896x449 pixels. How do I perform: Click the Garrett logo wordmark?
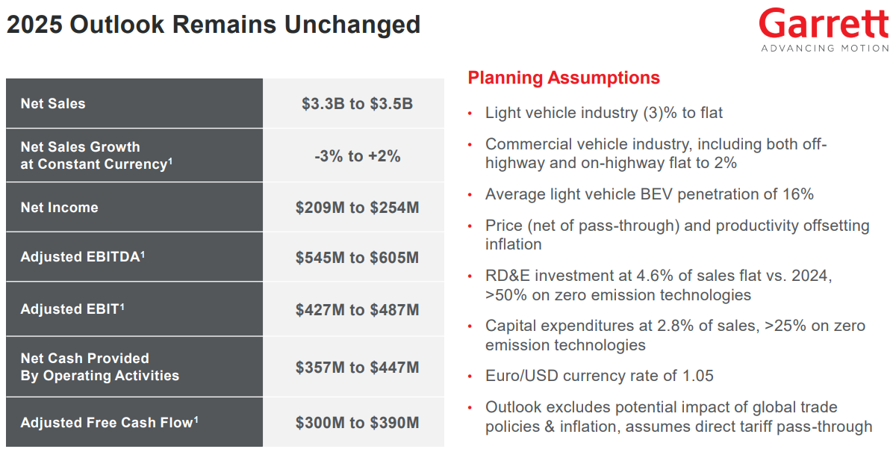point(824,23)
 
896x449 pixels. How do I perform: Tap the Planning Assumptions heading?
point(564,78)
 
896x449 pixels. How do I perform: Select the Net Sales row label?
point(53,104)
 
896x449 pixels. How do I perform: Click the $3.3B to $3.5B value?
point(357,104)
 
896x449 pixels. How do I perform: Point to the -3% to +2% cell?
point(357,155)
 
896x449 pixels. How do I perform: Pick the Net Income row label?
point(59,207)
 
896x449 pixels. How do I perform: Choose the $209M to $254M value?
point(357,207)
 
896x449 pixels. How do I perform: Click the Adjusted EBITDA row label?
point(82,256)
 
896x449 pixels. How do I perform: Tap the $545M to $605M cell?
point(357,257)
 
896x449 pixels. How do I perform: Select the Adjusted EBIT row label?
point(72,309)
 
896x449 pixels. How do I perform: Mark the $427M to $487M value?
point(357,310)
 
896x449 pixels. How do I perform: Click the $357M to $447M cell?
point(357,368)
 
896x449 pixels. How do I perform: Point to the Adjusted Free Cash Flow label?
point(109,422)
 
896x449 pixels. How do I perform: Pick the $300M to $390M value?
point(357,423)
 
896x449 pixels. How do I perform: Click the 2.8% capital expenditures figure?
point(676,326)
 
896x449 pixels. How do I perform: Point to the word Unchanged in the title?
point(352,25)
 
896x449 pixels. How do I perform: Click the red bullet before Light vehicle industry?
point(470,114)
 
